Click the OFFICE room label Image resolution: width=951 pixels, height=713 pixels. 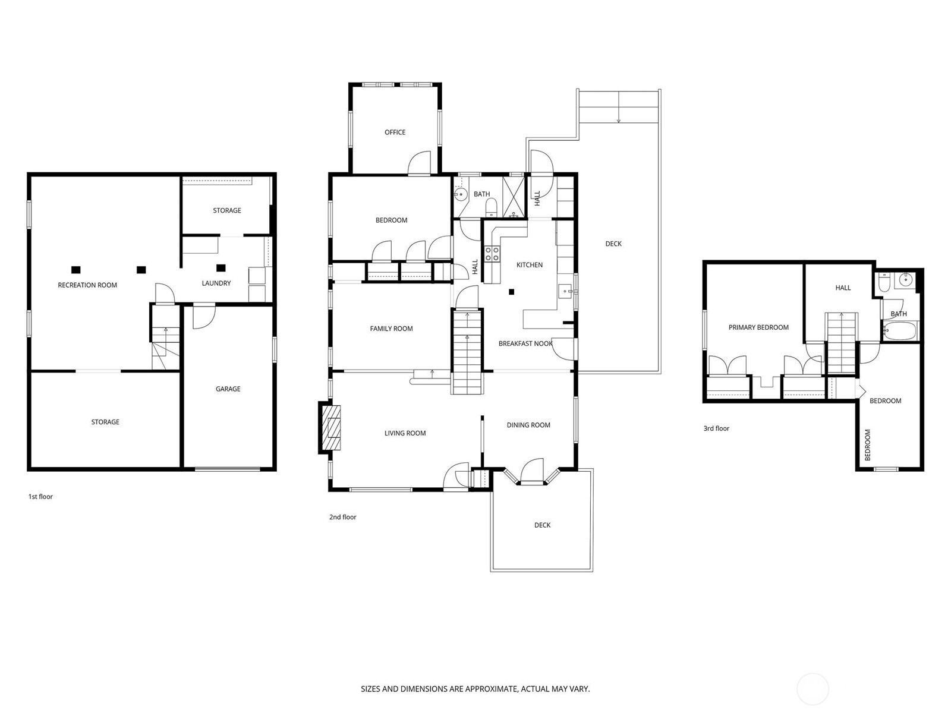click(x=395, y=132)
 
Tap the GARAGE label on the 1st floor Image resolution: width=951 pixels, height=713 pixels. click(x=228, y=389)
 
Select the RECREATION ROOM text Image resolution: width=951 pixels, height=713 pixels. click(x=87, y=285)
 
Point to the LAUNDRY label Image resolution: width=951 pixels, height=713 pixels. click(x=216, y=283)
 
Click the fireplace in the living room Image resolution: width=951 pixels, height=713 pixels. click(x=330, y=428)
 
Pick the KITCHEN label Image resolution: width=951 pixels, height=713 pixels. click(x=530, y=265)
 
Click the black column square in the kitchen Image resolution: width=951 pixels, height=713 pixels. click(x=511, y=292)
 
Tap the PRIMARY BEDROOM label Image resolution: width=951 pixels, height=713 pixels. click(x=758, y=327)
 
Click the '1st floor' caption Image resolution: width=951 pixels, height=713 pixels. click(x=40, y=497)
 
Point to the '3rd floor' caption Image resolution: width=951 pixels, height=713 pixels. click(x=716, y=428)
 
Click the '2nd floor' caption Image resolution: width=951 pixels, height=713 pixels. click(x=343, y=517)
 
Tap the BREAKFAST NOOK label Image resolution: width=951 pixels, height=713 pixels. click(x=525, y=344)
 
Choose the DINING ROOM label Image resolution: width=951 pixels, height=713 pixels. click(x=528, y=425)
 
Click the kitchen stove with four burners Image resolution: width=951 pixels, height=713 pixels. click(x=492, y=254)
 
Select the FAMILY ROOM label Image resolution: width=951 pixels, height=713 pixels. click(x=391, y=329)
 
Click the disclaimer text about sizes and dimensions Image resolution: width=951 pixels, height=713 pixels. click(x=475, y=689)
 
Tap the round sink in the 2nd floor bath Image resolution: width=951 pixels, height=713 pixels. click(x=461, y=195)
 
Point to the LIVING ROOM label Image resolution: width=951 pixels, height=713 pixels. click(x=405, y=433)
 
